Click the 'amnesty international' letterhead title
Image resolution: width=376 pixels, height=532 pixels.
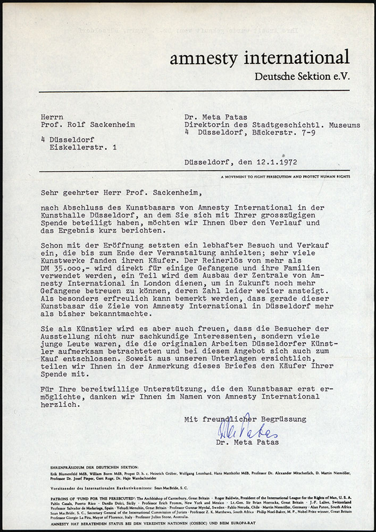click(x=260, y=57)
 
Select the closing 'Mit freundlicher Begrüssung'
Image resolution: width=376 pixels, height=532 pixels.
click(x=245, y=419)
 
